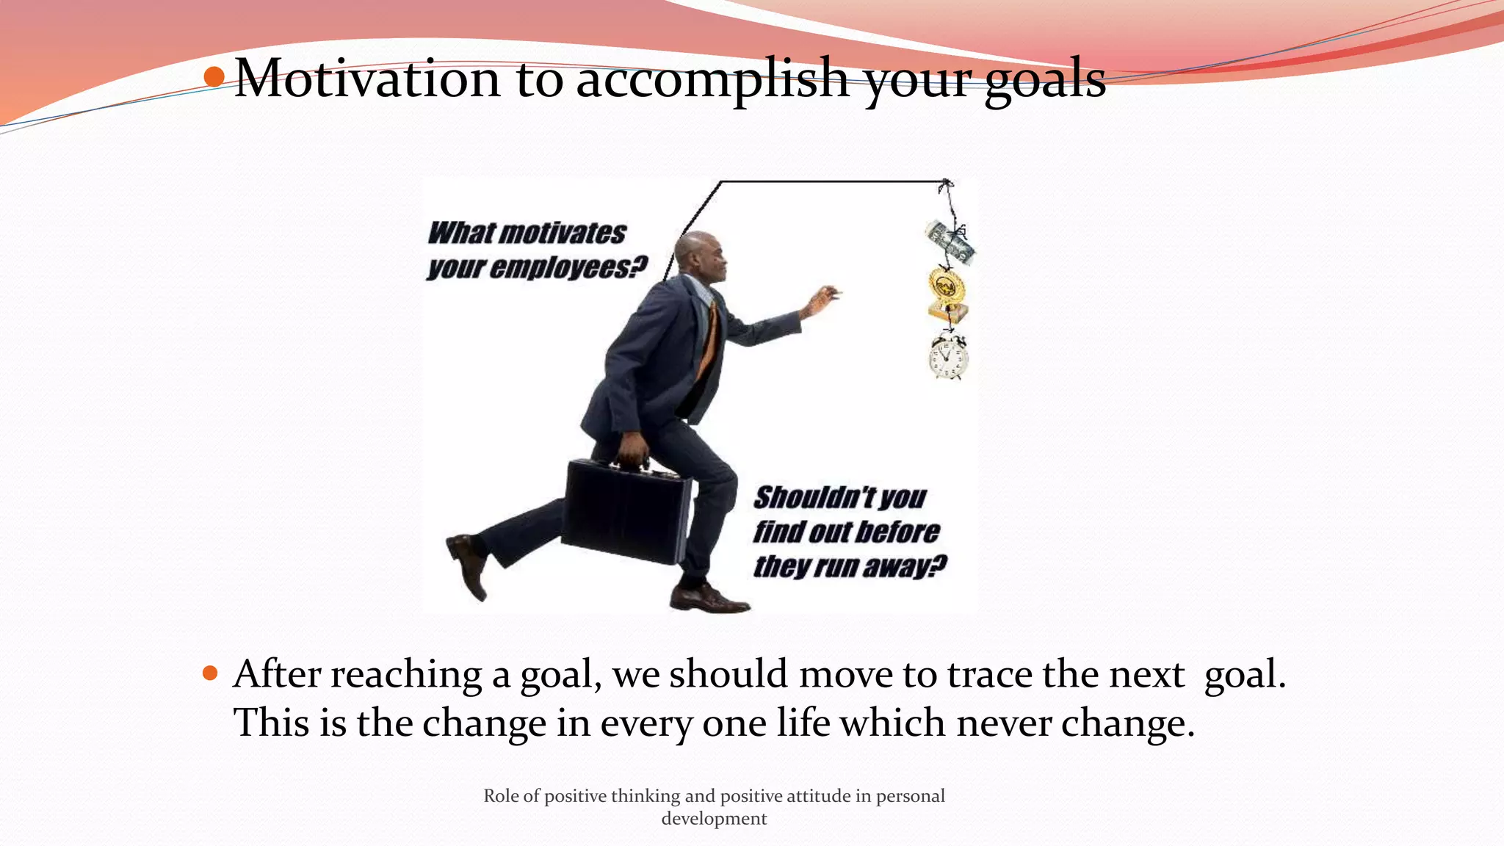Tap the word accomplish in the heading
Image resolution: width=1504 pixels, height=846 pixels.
click(x=711, y=79)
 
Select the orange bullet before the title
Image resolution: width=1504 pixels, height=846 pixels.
click(x=214, y=76)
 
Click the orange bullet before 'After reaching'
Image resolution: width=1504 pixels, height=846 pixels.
click(x=210, y=673)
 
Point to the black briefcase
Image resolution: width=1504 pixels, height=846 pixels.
click(x=626, y=510)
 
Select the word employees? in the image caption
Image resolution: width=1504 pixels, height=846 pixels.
click(x=568, y=268)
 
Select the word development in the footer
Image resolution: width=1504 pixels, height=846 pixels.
click(x=714, y=819)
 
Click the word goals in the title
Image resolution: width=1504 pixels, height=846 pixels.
click(x=1044, y=79)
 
